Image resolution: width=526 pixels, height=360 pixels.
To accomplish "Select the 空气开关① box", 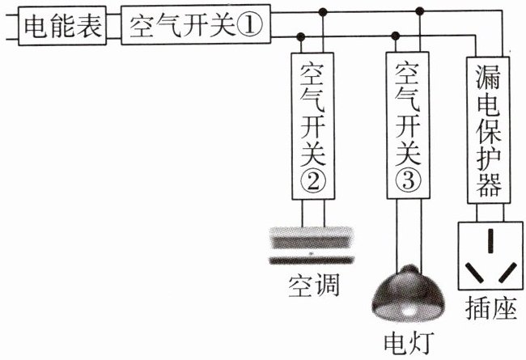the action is (195, 28).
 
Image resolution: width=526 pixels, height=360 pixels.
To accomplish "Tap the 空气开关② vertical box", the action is (312, 125).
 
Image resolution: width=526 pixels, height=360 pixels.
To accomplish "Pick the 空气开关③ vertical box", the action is (408, 125).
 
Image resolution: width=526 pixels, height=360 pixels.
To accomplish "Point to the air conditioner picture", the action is (312, 244).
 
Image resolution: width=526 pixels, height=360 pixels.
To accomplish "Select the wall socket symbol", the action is (490, 256).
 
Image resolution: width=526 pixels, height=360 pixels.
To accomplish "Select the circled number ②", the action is (312, 180).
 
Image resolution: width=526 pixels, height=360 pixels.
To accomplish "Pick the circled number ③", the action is (408, 180).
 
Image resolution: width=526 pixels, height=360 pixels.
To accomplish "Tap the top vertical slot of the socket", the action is (490, 240).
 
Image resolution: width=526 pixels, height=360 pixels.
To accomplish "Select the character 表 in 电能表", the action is (90, 28).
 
